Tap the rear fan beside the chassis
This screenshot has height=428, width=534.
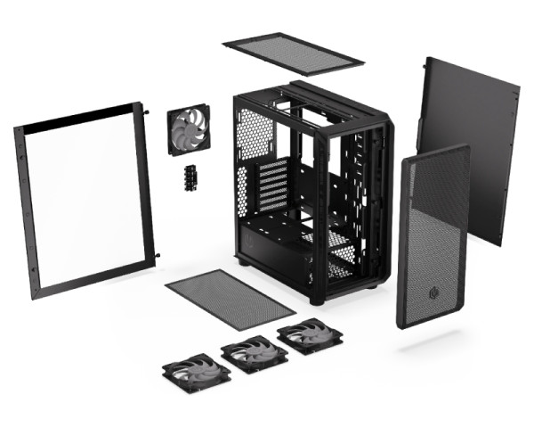click(x=190, y=131)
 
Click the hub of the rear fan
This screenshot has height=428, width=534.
click(x=190, y=131)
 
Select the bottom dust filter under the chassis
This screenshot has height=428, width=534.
click(x=231, y=299)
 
